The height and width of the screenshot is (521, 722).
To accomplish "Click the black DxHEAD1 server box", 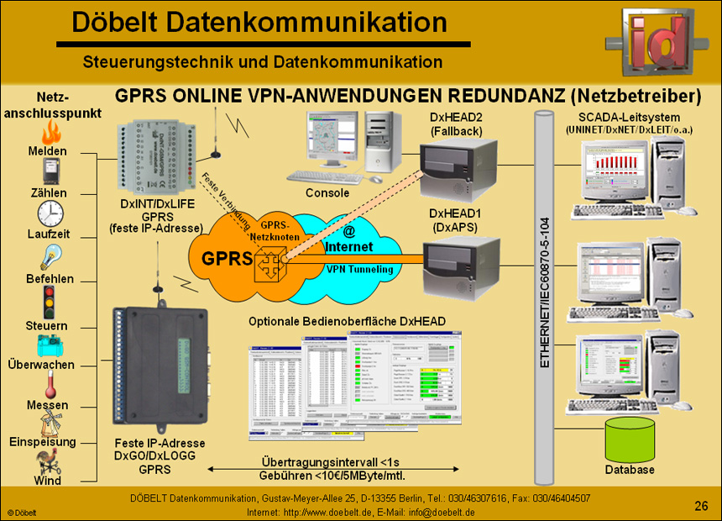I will (455, 267).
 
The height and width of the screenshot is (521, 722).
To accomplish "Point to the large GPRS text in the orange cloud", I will (222, 258).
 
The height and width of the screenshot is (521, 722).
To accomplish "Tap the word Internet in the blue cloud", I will (348, 247).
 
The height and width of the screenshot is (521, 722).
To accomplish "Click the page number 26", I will (701, 505).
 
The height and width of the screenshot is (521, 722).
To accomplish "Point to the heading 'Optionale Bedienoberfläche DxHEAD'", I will (347, 321).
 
